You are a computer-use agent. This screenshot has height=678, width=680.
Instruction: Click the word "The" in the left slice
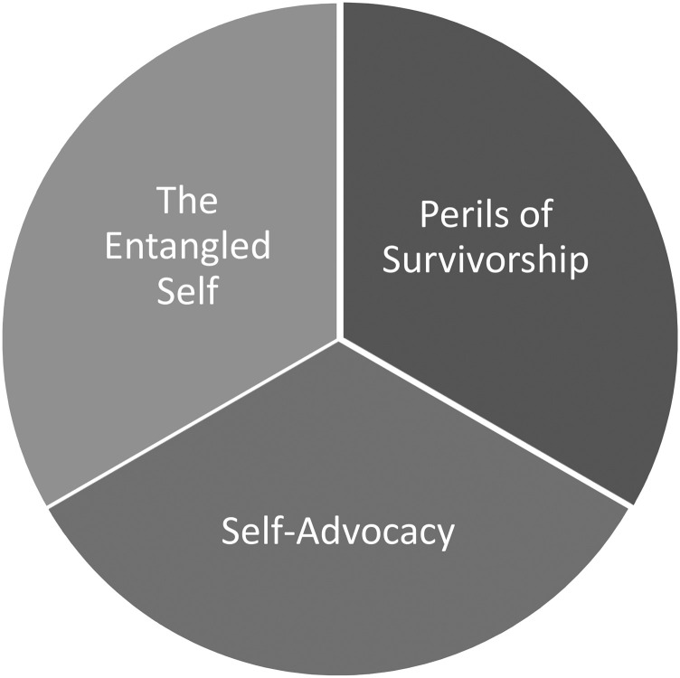tap(187, 201)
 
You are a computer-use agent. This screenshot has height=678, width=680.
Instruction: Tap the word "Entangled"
tap(187, 247)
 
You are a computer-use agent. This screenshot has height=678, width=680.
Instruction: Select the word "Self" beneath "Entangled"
tap(187, 292)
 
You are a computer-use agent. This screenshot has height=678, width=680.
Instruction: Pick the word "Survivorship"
tap(486, 261)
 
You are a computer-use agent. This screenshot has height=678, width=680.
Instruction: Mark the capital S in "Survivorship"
tap(391, 261)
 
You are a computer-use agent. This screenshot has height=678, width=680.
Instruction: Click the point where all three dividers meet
tap(340, 340)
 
